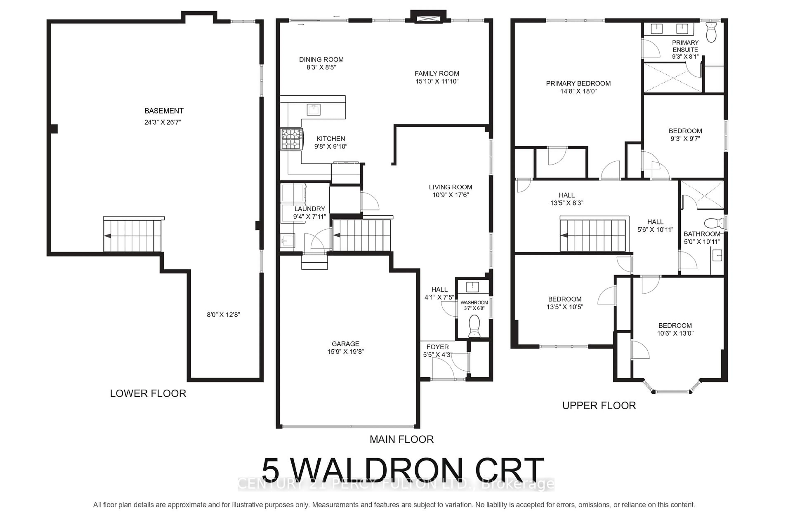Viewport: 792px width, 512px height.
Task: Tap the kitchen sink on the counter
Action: click(x=313, y=109)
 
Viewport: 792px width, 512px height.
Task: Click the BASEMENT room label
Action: click(x=164, y=111)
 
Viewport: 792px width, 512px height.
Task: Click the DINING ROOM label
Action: click(x=321, y=60)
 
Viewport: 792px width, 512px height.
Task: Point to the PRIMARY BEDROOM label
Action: click(x=578, y=83)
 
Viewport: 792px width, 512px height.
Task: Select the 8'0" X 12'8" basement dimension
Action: click(x=223, y=315)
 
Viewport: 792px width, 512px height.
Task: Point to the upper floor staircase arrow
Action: click(x=564, y=235)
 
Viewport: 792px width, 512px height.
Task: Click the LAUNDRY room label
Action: click(x=309, y=209)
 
